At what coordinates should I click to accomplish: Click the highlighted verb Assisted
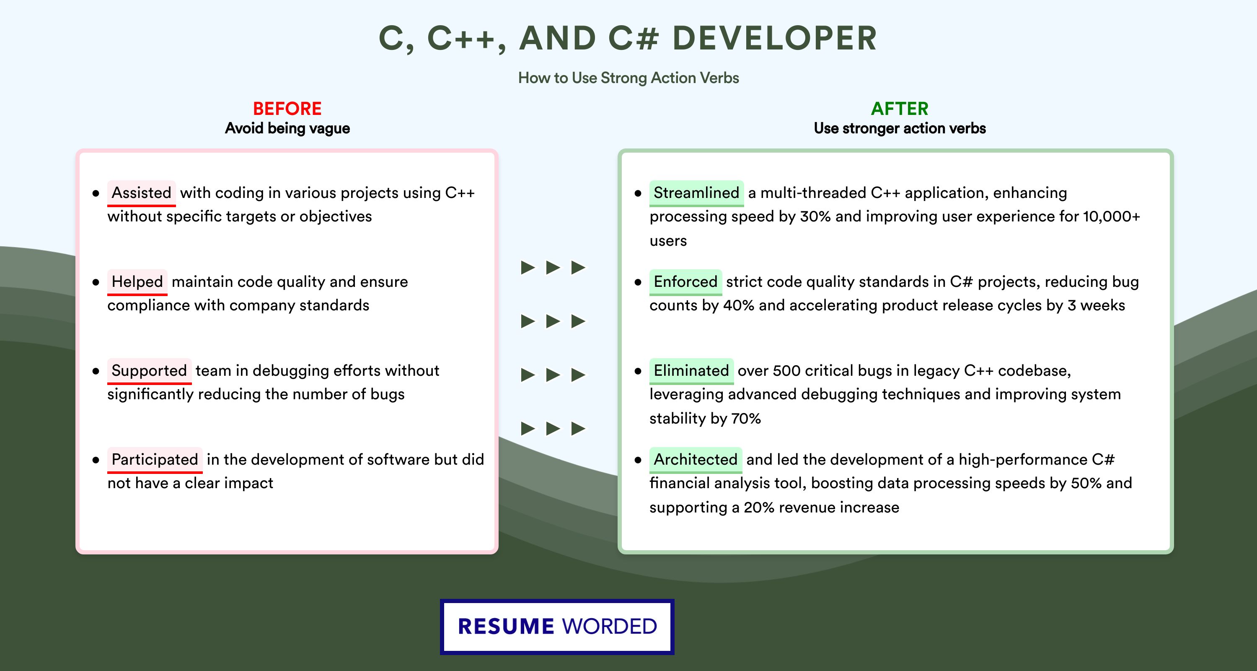(x=142, y=193)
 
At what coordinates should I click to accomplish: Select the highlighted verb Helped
(x=137, y=282)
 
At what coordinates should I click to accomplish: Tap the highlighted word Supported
(x=149, y=371)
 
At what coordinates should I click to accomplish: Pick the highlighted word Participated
(x=155, y=460)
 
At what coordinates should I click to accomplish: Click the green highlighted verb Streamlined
(x=696, y=193)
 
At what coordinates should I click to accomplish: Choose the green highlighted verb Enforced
(x=685, y=282)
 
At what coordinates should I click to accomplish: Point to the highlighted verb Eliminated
(x=691, y=371)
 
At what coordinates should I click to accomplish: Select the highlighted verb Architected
(x=696, y=460)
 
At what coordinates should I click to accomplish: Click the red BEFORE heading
(x=287, y=109)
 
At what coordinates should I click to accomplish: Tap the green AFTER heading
(x=900, y=109)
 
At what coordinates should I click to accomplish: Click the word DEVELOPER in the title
(x=775, y=38)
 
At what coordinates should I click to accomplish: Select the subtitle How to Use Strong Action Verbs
(x=628, y=78)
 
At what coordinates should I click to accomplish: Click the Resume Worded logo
(x=557, y=627)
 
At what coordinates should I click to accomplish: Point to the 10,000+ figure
(x=1112, y=216)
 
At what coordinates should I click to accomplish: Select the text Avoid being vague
(x=287, y=128)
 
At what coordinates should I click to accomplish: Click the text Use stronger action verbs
(x=900, y=128)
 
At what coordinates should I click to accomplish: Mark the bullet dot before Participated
(x=96, y=460)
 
